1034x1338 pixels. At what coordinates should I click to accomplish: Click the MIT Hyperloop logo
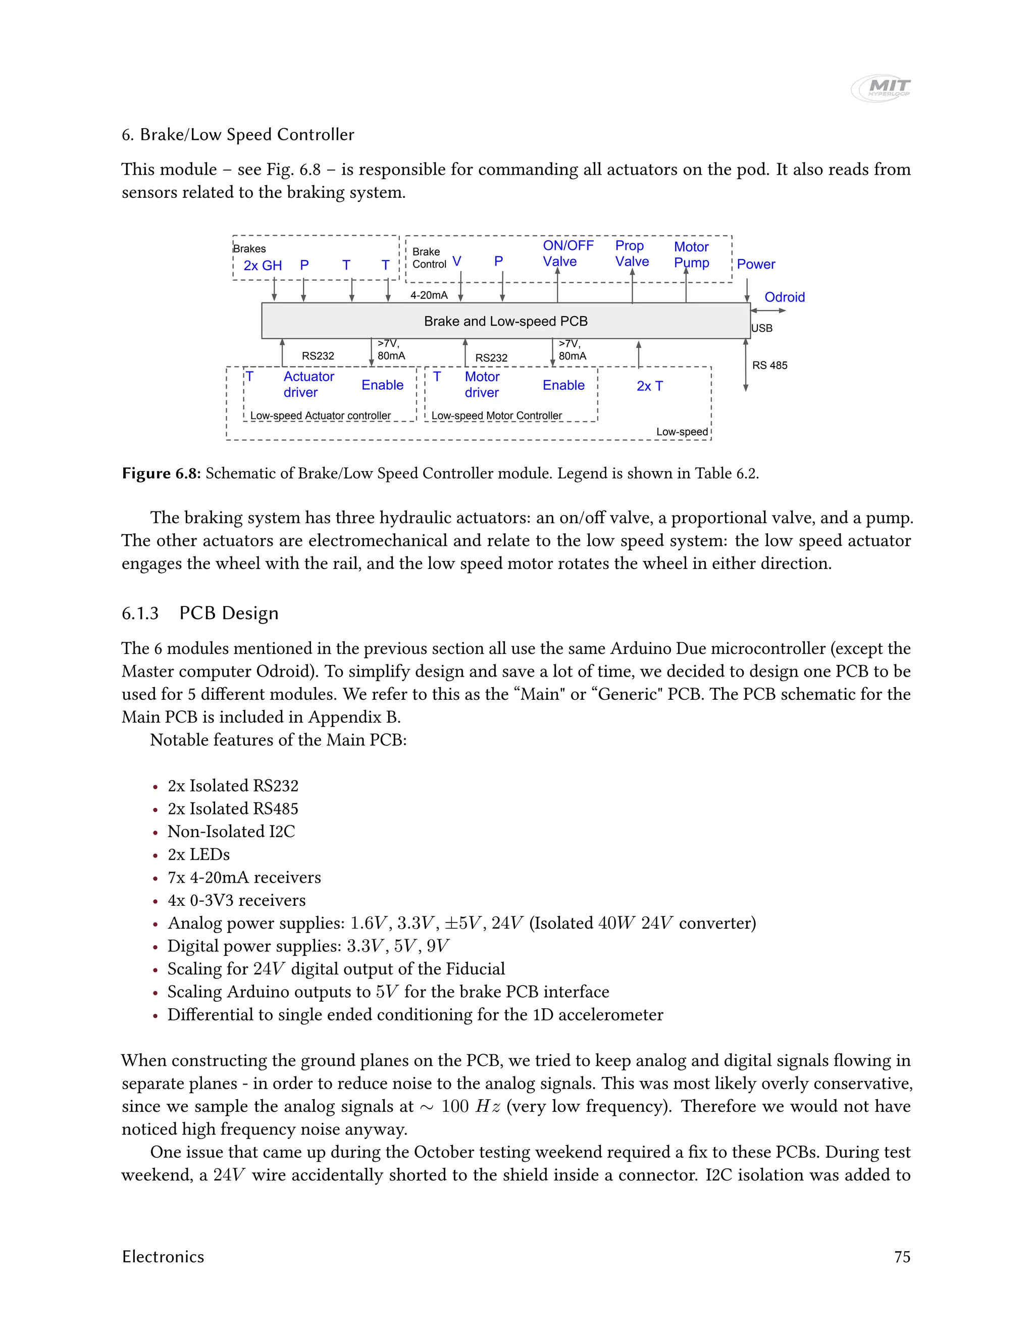coord(881,88)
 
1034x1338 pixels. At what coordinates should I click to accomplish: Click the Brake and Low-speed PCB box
coord(505,321)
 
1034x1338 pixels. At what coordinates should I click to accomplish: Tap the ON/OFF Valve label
coord(568,253)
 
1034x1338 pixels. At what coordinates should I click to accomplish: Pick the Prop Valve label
coord(632,253)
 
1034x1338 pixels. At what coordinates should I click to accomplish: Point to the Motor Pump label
coord(691,255)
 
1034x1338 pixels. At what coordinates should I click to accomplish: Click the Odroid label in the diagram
coord(784,297)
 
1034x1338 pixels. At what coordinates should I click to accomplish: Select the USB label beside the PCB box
coord(761,328)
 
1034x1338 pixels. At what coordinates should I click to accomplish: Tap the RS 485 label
coord(769,366)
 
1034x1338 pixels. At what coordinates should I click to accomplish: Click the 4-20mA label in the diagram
coord(429,295)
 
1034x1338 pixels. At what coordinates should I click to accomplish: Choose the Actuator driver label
coord(308,385)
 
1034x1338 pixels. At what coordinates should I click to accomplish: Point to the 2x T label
coord(649,386)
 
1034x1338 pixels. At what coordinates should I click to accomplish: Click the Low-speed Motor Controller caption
coord(496,416)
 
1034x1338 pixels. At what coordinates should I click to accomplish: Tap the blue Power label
coord(755,265)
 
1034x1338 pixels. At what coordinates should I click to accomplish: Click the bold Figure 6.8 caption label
coord(161,474)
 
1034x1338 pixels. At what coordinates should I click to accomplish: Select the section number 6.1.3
coord(140,613)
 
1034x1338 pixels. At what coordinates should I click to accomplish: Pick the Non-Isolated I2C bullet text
coord(231,832)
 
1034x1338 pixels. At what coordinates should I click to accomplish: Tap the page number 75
coord(902,1257)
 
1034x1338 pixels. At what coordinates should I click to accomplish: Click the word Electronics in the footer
coord(163,1257)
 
